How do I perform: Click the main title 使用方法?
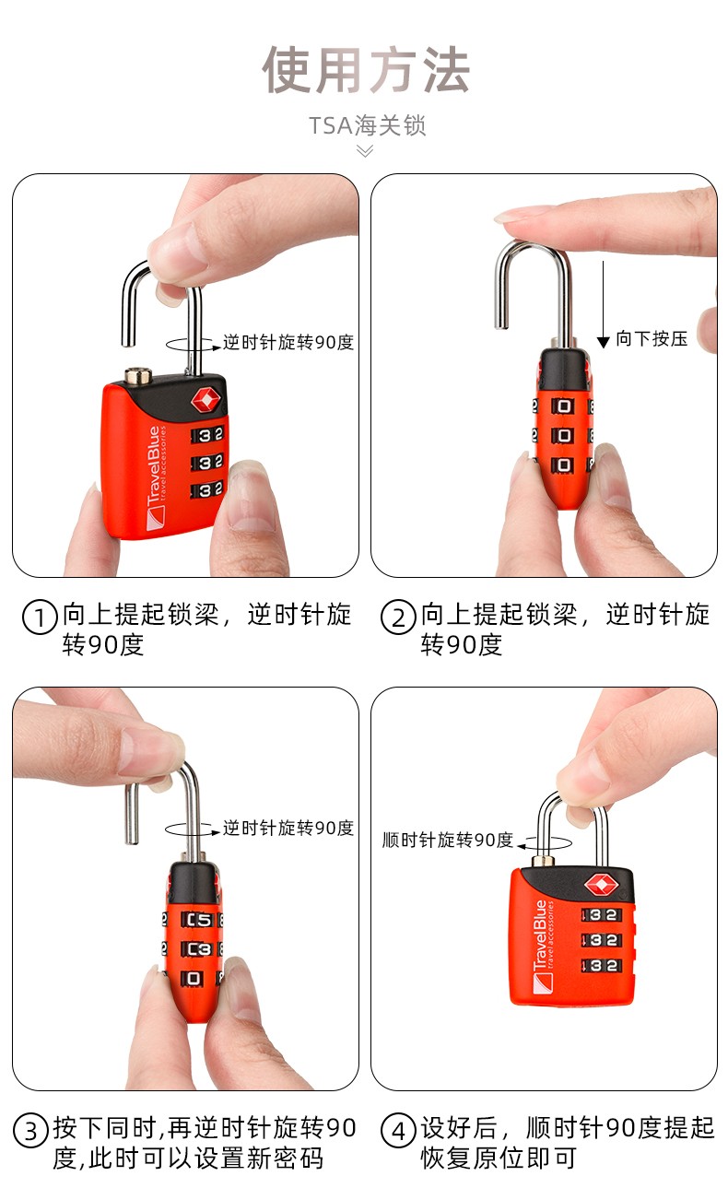(x=366, y=69)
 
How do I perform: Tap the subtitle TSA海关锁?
(x=367, y=125)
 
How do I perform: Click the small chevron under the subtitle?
(x=365, y=152)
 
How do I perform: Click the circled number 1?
(x=40, y=618)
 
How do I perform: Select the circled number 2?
(x=398, y=618)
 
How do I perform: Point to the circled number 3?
(x=30, y=1132)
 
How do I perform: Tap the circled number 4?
(x=398, y=1132)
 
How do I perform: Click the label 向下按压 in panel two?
(x=652, y=338)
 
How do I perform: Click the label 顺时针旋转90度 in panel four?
(x=448, y=841)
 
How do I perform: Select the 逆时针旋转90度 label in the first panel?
(x=288, y=342)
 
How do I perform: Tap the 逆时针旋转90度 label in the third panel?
(x=288, y=828)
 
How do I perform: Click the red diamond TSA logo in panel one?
(x=205, y=399)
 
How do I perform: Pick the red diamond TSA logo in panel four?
(x=600, y=884)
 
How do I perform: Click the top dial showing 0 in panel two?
(x=563, y=406)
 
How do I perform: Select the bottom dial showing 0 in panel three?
(x=194, y=978)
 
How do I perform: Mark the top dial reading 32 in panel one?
(x=209, y=435)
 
